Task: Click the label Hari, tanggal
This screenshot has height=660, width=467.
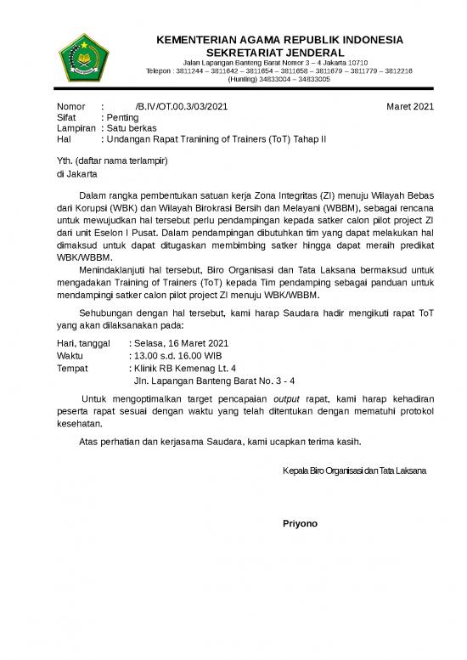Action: coord(82,343)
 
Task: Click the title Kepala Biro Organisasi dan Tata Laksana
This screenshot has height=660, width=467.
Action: coord(354,471)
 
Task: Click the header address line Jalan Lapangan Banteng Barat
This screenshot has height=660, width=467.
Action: coord(275,62)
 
